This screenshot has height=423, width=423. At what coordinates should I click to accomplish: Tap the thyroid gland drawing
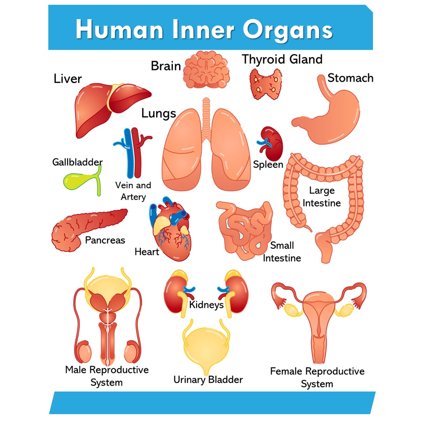[x=265, y=83]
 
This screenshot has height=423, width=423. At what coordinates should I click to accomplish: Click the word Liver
[x=68, y=79]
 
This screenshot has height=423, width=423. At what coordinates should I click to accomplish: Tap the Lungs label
[x=158, y=114]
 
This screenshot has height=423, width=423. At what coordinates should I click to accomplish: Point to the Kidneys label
[x=206, y=305]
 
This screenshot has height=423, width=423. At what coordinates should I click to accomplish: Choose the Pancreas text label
[x=105, y=240]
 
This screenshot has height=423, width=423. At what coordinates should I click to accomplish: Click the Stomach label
[x=350, y=78]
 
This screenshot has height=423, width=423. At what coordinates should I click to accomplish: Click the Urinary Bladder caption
[x=208, y=380]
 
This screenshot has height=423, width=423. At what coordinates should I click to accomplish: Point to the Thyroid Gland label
[x=282, y=59]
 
